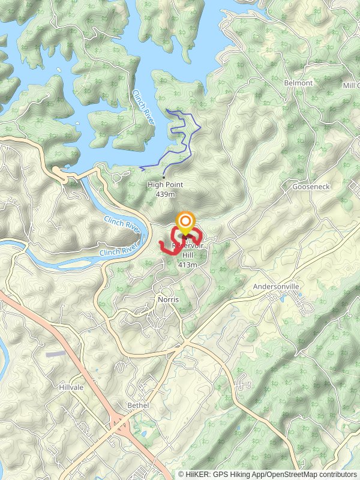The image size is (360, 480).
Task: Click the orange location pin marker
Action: (x=185, y=223)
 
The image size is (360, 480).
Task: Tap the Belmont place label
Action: (x=298, y=83)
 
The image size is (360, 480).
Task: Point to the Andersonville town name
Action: (x=275, y=287)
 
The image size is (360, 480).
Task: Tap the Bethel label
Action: (x=137, y=406)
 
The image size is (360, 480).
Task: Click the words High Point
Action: (x=165, y=185)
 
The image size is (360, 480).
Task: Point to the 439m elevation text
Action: (x=165, y=194)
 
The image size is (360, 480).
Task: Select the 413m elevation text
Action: (x=188, y=265)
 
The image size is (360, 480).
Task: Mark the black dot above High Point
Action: (x=164, y=177)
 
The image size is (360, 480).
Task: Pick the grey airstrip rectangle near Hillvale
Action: (x=55, y=354)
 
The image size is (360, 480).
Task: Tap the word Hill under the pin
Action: (x=188, y=256)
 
